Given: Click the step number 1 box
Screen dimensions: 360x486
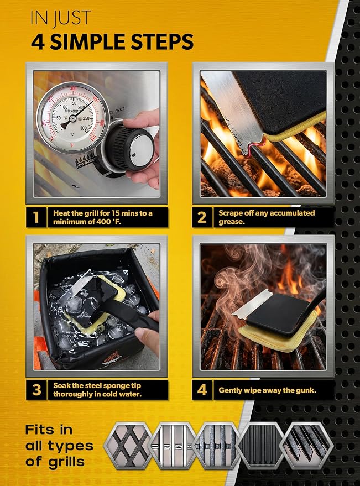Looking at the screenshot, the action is pos(36,217).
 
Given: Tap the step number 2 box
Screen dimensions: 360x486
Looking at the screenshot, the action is pos(202,217).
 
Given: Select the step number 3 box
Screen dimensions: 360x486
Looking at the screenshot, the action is pos(36,390).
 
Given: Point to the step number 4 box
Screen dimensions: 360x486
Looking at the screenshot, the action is pos(202,390).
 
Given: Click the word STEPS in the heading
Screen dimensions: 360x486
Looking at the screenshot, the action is pos(162,42).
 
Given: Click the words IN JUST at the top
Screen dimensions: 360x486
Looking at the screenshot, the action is pos(60,18).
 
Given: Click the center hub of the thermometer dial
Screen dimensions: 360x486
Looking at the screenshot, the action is pos(73,118).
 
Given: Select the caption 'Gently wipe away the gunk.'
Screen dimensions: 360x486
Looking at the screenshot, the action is pos(267,390).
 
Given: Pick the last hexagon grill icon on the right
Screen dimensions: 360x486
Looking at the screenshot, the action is pos(306,446).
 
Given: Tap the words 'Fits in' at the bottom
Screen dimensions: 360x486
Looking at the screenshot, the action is pos(49,430).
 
